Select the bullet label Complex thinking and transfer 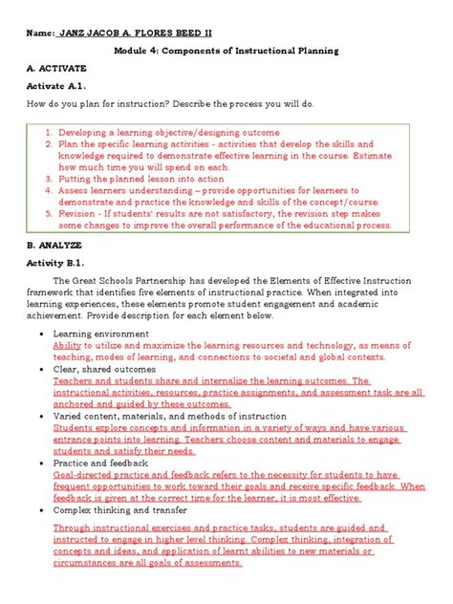click(119, 509)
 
